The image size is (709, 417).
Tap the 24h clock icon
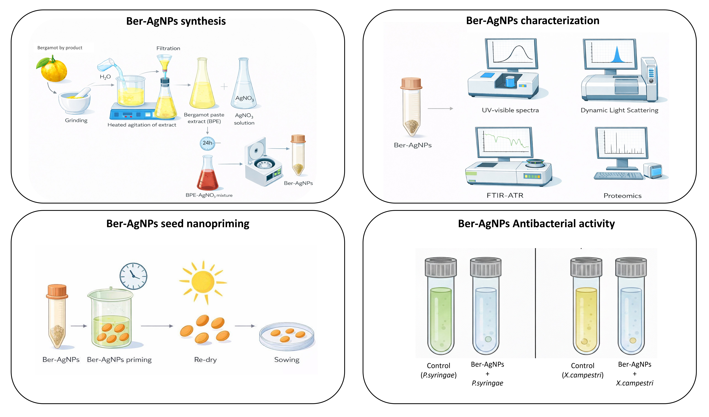(x=207, y=143)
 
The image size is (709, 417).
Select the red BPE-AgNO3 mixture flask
(x=208, y=175)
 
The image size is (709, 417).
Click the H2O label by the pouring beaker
(x=105, y=77)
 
